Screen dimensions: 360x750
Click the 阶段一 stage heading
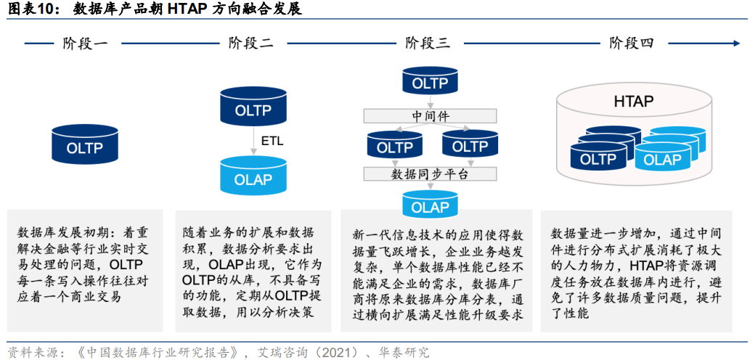click(85, 44)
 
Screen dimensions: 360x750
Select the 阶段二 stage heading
click(250, 44)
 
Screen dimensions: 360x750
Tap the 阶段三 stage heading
click(428, 44)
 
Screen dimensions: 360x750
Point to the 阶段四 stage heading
click(632, 44)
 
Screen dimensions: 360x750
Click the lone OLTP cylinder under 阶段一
click(85, 147)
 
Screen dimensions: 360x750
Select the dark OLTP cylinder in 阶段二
click(253, 110)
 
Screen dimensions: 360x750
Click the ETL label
click(272, 141)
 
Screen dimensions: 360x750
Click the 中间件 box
click(431, 116)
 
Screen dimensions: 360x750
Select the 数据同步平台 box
click(431, 174)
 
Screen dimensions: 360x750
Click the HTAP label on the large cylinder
click(633, 101)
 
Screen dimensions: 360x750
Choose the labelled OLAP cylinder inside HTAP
click(662, 159)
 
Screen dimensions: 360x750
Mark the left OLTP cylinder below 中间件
click(394, 147)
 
